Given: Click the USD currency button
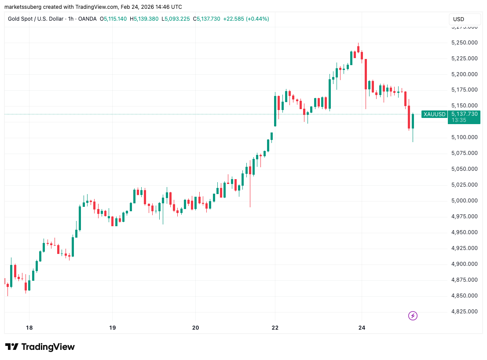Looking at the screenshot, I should point(458,19).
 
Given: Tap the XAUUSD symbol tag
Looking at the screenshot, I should point(434,114).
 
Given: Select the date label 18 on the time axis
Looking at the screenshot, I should point(29,328).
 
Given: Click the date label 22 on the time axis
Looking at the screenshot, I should point(275,328).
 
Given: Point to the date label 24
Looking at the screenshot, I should point(362,328).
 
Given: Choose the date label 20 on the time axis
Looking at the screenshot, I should point(196,328).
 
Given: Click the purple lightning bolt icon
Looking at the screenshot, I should point(413,316).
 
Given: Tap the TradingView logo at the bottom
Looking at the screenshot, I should point(40,347).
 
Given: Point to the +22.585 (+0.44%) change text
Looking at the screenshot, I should point(246,19).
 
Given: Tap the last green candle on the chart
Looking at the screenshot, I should point(413,121).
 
